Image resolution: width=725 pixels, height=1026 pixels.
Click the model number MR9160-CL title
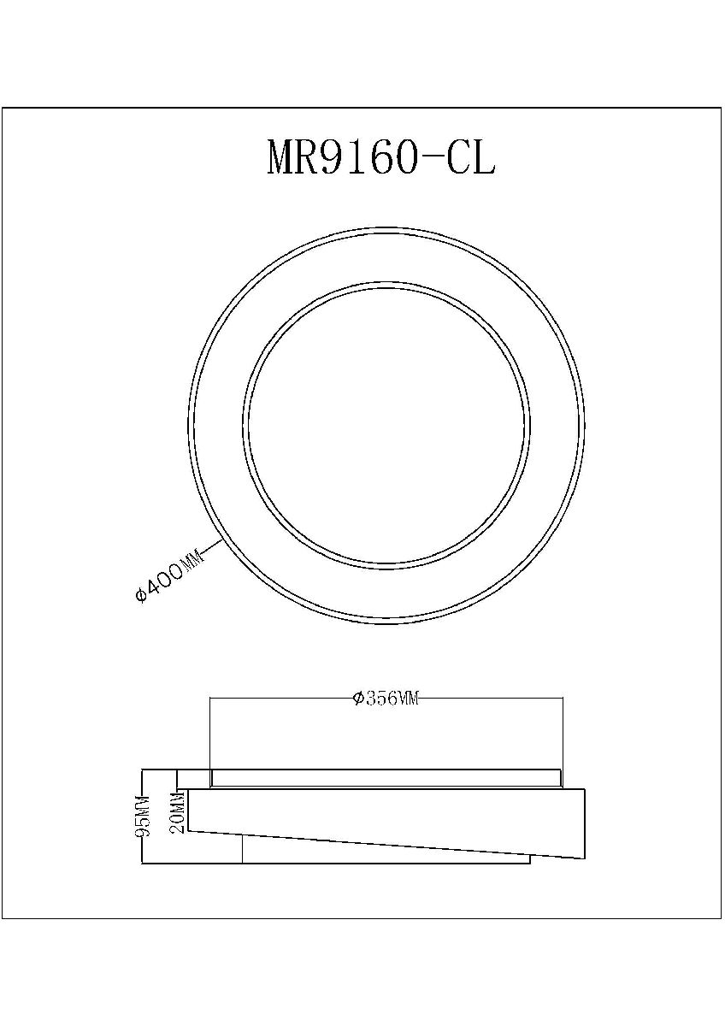click(x=381, y=158)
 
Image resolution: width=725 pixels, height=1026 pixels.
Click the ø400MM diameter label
click(x=170, y=579)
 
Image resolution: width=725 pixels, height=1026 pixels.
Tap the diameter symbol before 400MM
click(x=143, y=596)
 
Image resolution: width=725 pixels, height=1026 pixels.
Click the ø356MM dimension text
click(x=386, y=699)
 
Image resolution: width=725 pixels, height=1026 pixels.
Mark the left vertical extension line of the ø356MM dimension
click(x=209, y=735)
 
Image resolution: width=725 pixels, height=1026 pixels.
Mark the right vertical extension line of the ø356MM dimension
click(x=563, y=735)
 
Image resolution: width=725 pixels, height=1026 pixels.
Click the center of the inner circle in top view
click(x=386, y=424)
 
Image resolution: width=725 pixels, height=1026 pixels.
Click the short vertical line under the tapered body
click(x=244, y=849)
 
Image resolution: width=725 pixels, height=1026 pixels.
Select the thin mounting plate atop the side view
click(x=386, y=778)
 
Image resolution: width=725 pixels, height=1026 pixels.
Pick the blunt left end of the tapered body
click(x=188, y=810)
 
